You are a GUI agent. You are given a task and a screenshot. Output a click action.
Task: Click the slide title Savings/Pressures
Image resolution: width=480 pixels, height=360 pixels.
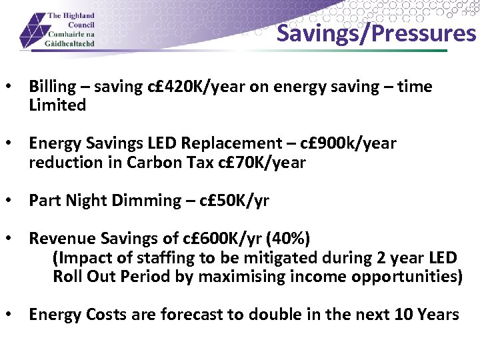tap(376, 33)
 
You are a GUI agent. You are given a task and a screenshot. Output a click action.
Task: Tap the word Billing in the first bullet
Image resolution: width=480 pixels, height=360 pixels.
tap(53, 87)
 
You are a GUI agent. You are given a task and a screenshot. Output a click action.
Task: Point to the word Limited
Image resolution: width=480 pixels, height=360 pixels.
tap(57, 105)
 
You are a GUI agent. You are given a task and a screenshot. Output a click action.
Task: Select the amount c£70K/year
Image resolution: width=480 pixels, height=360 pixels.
tap(262, 163)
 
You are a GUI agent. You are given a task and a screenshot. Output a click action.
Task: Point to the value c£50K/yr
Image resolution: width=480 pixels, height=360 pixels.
tap(233, 201)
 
